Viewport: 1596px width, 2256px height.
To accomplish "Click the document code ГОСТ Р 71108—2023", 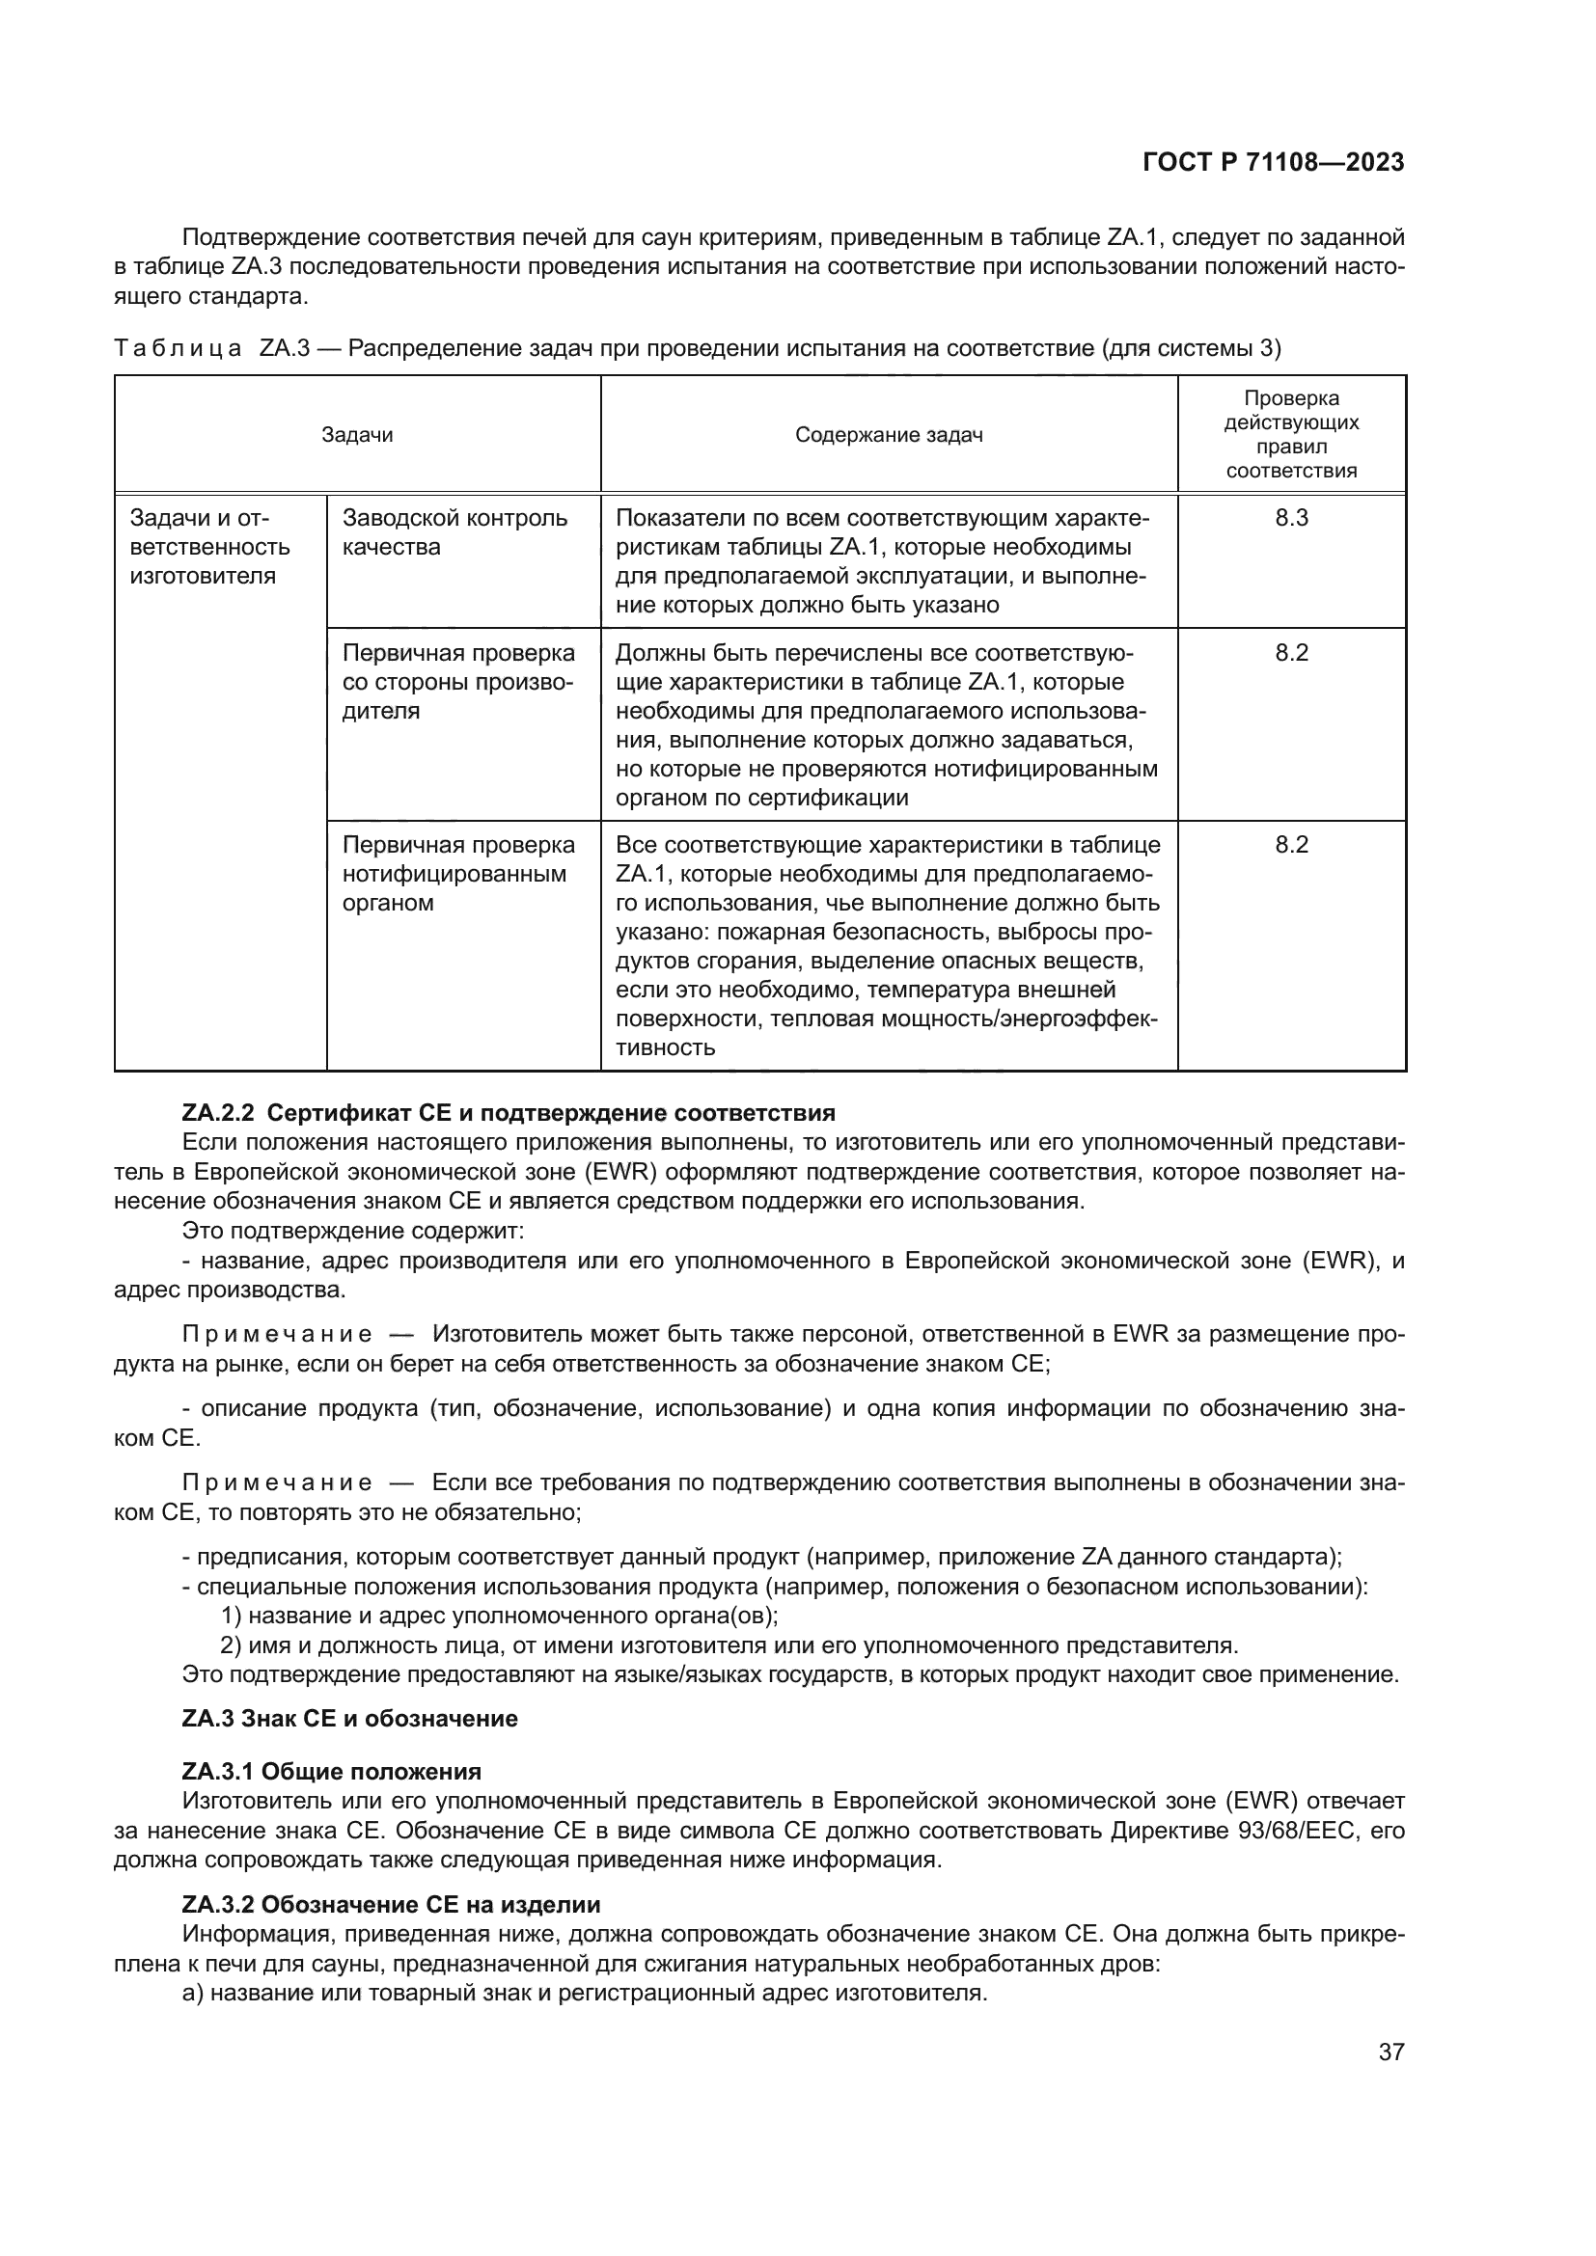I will (x=1273, y=163).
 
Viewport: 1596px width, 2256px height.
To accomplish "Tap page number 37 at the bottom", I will (x=1390, y=2052).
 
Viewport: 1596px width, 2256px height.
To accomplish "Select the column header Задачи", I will (x=357, y=434).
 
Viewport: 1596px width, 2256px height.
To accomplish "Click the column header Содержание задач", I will (x=889, y=434).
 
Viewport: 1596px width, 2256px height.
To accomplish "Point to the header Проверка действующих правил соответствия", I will (x=1290, y=434).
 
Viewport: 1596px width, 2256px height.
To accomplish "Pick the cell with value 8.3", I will (x=1290, y=518).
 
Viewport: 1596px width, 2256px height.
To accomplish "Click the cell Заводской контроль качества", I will (x=454, y=531).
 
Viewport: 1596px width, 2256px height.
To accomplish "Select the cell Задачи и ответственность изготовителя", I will (x=209, y=546).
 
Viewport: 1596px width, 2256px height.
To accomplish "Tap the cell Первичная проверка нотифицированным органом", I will (x=458, y=874).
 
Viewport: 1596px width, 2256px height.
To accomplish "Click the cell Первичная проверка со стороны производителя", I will (x=458, y=681).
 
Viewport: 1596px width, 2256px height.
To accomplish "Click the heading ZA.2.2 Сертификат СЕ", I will (x=509, y=1113).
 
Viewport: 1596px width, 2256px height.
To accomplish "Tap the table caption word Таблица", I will (x=178, y=349).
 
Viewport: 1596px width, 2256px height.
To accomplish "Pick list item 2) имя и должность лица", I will (x=729, y=1644).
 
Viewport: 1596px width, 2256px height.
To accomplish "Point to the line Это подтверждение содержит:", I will (x=353, y=1230).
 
